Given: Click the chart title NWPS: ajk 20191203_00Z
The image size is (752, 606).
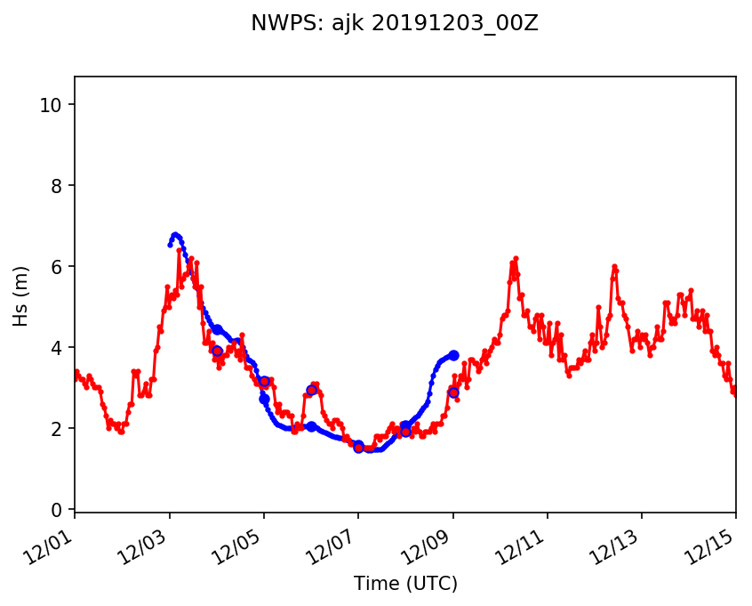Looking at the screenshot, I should point(395,24).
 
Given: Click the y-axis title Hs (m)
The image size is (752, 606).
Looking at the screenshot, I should point(20,295).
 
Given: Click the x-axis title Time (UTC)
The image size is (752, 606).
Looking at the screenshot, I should point(405,584).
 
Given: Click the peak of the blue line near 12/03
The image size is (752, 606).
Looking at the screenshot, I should point(175,235).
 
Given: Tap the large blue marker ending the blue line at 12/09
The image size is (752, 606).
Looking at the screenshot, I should point(453,355).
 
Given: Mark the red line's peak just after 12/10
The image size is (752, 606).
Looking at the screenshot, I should point(515,258).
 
